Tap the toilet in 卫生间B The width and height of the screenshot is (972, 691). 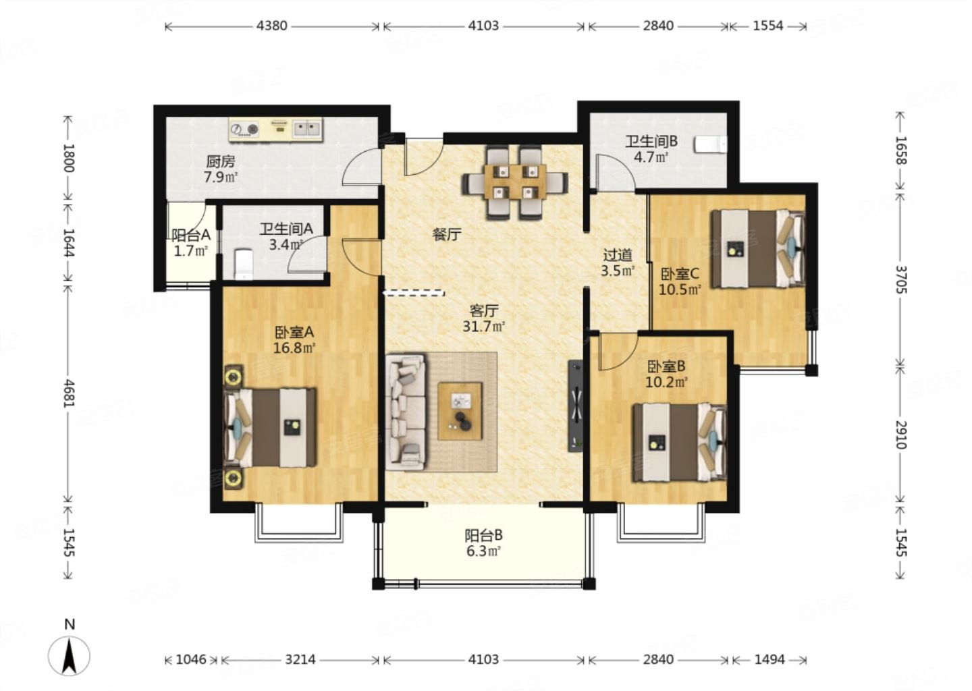pos(710,144)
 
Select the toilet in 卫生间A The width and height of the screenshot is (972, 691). pos(244,264)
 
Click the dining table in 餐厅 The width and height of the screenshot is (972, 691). pos(515,182)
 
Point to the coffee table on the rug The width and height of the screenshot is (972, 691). pos(460,411)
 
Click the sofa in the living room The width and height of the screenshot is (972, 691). pos(406,412)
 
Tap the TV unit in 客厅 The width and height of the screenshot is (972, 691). pos(576,406)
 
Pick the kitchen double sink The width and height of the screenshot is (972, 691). pos(307,128)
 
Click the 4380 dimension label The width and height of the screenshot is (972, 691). pos(271,26)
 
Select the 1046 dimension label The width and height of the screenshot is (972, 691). pos(191,660)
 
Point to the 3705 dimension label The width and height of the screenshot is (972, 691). pos(900,279)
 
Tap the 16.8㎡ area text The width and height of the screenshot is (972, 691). pos(294,348)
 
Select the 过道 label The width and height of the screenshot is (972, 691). pos(618,254)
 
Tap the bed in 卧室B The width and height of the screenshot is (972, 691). pos(680,443)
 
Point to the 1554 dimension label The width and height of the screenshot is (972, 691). pos(767,26)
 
